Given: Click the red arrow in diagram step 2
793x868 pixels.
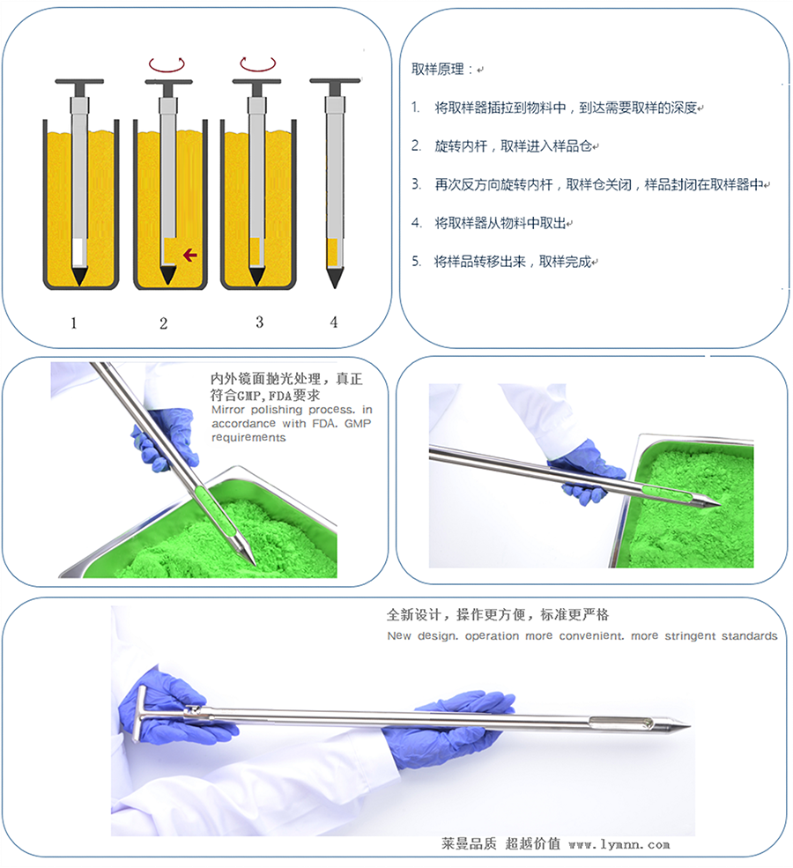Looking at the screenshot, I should (189, 256).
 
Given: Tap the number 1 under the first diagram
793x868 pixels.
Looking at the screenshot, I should (74, 323).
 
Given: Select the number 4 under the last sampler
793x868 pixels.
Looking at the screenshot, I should (333, 323).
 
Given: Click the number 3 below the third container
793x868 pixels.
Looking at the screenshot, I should (258, 323).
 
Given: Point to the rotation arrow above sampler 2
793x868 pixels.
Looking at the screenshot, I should (167, 64).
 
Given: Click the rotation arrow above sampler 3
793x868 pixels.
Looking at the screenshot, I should (257, 64).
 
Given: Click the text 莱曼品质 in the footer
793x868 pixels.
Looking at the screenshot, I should (470, 843).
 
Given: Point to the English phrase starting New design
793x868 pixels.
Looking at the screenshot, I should (582, 636).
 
